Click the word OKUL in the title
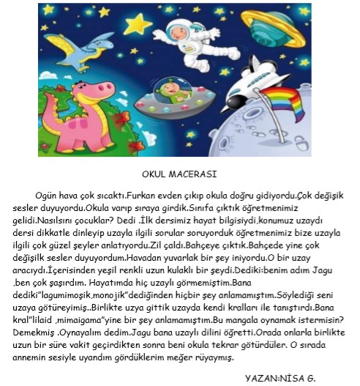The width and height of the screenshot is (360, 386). click(x=156, y=175)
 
